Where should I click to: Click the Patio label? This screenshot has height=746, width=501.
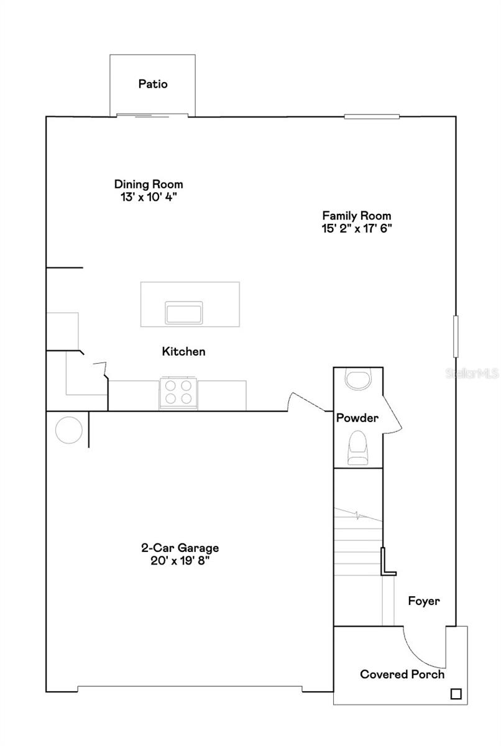[x=153, y=84]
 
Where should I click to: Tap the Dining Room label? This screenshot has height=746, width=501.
[x=149, y=184]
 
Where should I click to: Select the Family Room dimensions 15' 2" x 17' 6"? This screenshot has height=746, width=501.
[x=357, y=228]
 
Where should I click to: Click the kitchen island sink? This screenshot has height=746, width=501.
[x=183, y=312]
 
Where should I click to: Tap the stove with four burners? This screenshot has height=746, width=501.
[x=178, y=393]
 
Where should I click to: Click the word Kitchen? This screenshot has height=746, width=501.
[x=183, y=351]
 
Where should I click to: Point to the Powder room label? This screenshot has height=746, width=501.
[x=357, y=418]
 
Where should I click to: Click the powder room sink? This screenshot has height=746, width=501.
[x=357, y=379]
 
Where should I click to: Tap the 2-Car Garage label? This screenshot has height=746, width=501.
[x=180, y=548]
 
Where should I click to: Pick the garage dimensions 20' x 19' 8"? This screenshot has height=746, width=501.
[x=180, y=561]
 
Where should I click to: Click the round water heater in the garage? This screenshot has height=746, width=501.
[x=69, y=430]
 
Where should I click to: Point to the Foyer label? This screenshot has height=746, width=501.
[x=424, y=601]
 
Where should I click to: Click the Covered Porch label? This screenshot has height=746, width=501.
[x=402, y=675]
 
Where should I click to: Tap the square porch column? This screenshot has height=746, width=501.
[x=456, y=694]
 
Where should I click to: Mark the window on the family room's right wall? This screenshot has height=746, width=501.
[x=456, y=336]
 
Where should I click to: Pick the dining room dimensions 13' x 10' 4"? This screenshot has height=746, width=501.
[x=149, y=197]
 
